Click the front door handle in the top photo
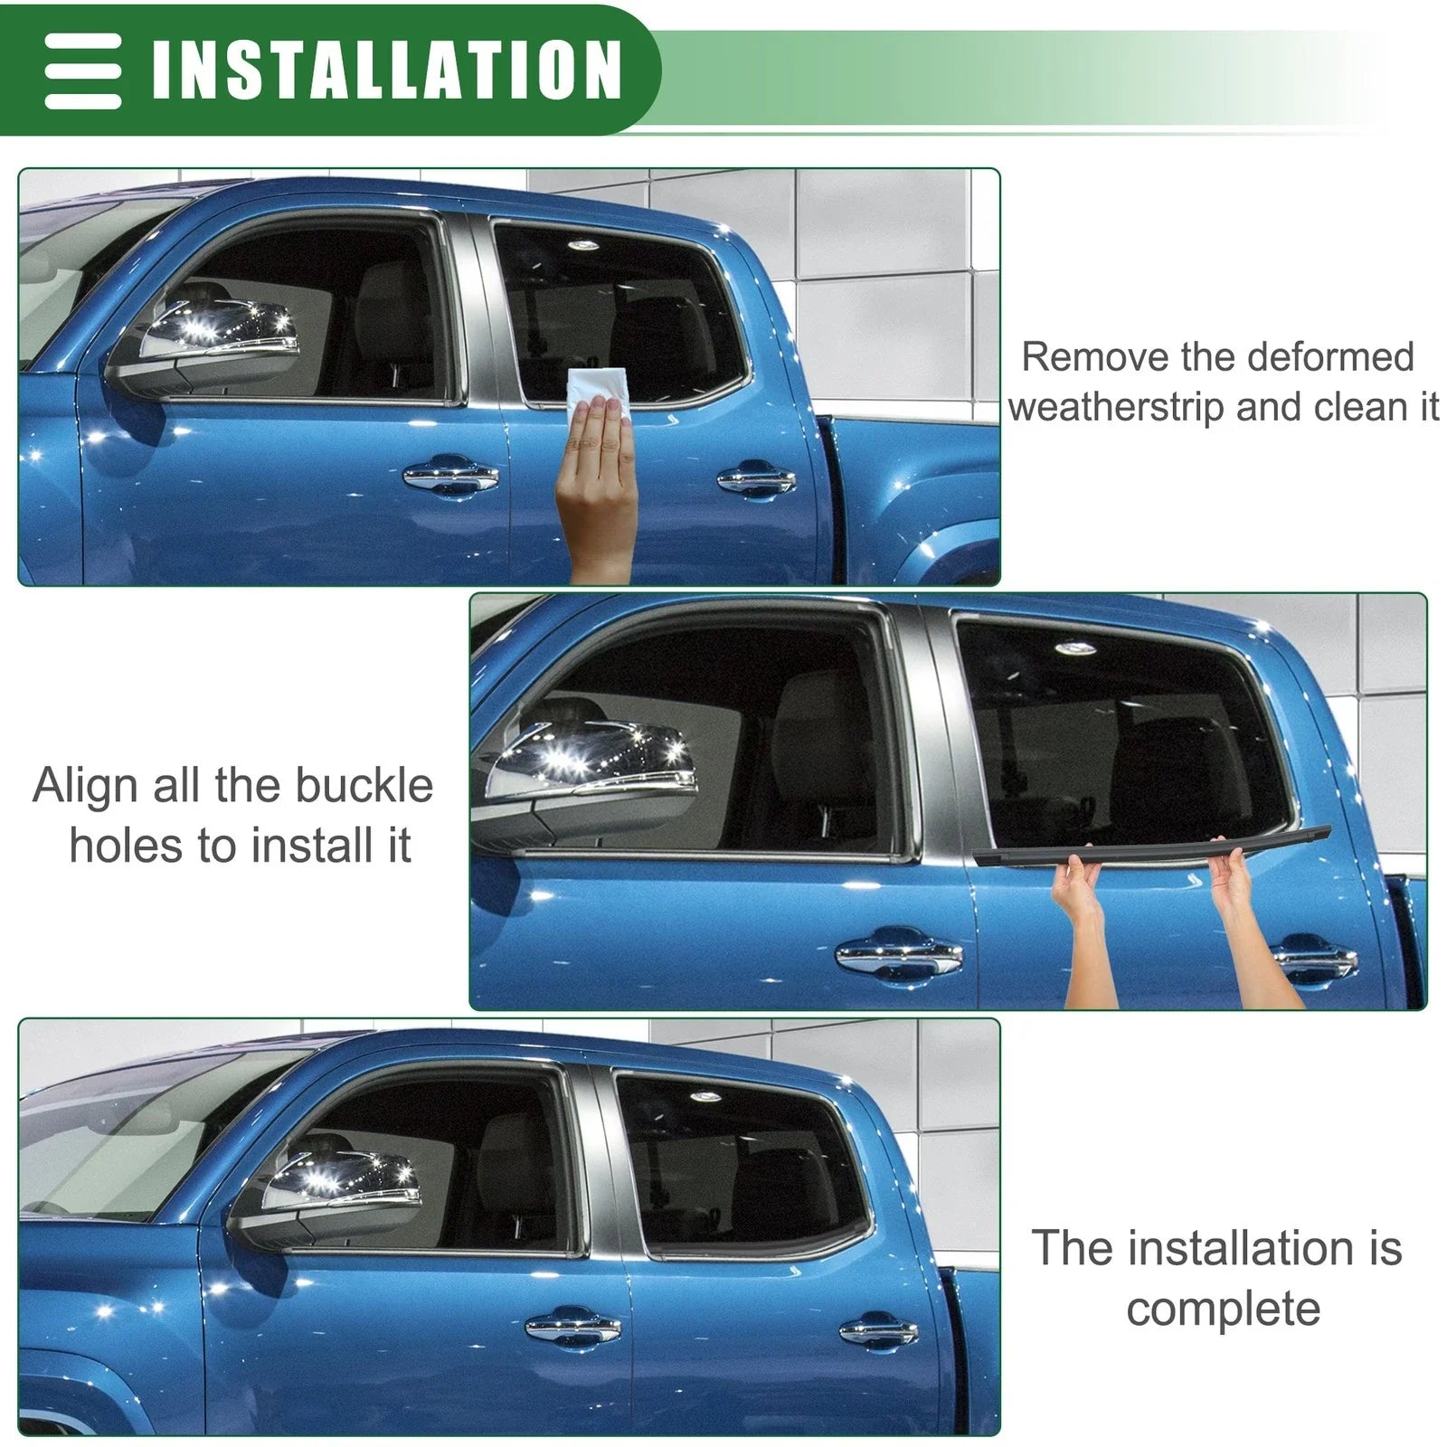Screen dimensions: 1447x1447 coord(449,477)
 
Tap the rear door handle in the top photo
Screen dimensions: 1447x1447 coord(756,479)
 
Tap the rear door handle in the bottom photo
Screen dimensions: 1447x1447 coord(872,1329)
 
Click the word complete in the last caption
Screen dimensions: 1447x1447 coord(1223,1309)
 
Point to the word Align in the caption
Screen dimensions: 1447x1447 coord(85,786)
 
